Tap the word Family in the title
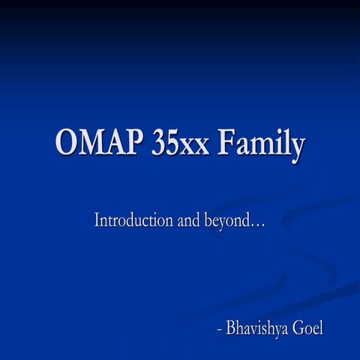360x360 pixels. click(x=261, y=143)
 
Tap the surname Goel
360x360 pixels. click(x=307, y=328)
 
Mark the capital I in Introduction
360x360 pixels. click(x=97, y=220)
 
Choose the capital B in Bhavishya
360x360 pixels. click(x=229, y=328)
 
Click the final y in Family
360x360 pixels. click(x=297, y=146)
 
